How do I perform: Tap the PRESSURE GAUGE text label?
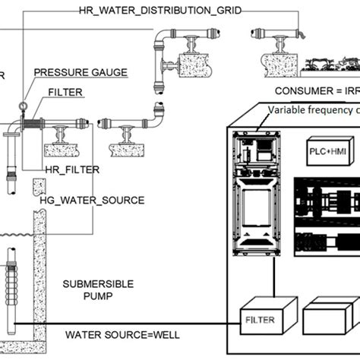tap(80, 73)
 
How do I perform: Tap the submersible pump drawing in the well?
tap(11, 273)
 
